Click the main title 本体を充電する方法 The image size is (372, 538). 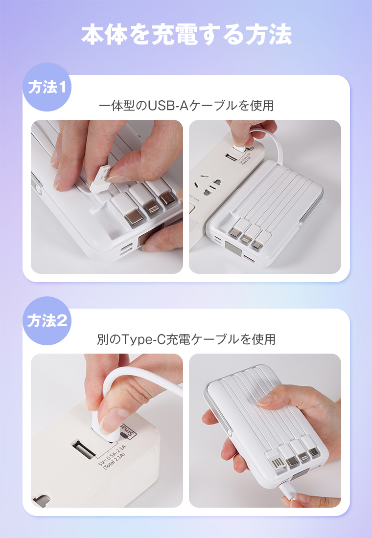tap(186, 35)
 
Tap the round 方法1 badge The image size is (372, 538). tap(47, 88)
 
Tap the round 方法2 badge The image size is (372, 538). tap(47, 321)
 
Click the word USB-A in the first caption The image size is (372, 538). tap(168, 105)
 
